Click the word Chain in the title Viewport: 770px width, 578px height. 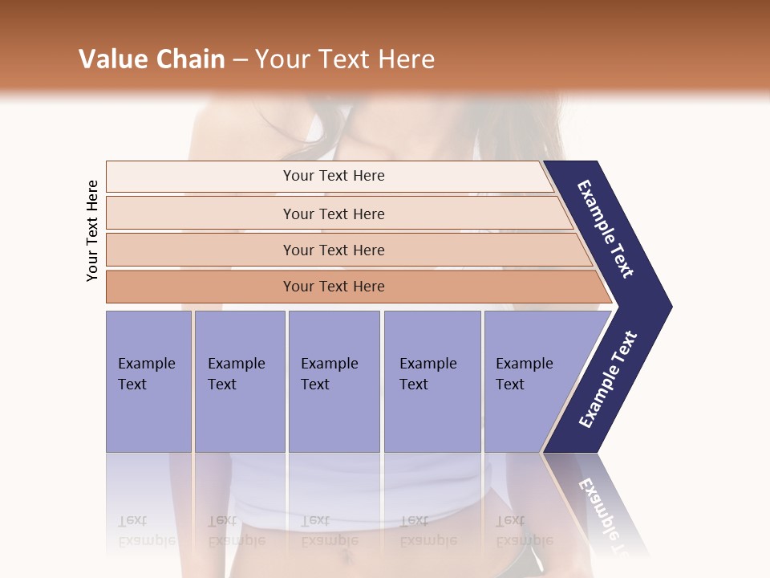[x=189, y=59]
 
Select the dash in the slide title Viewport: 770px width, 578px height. [x=240, y=60]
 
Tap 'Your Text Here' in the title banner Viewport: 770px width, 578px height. [x=345, y=59]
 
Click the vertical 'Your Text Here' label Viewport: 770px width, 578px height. [x=92, y=231]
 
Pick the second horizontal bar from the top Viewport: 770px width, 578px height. [x=333, y=214]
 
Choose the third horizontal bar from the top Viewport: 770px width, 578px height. [x=333, y=250]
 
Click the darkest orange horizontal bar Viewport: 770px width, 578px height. [x=333, y=287]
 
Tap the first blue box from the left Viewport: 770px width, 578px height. [x=148, y=381]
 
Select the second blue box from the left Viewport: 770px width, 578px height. [x=239, y=381]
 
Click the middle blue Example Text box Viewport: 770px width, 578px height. [x=334, y=381]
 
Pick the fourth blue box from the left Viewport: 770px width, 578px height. [x=432, y=381]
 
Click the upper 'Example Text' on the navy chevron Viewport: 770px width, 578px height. [x=606, y=229]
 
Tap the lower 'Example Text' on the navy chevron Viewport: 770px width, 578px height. [x=607, y=380]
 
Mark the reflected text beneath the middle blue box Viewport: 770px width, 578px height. [x=329, y=530]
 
